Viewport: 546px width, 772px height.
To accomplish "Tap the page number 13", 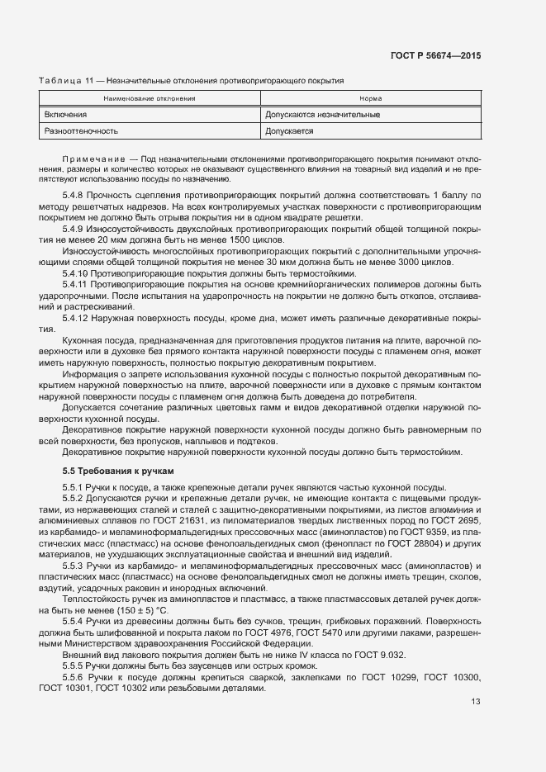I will coord(475,703).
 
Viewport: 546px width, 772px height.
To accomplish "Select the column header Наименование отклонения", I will coord(149,98).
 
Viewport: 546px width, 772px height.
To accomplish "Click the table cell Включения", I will coord(66,114).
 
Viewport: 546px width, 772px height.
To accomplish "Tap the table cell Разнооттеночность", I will coord(82,130).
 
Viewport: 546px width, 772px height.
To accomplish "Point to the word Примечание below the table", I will coord(92,158).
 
